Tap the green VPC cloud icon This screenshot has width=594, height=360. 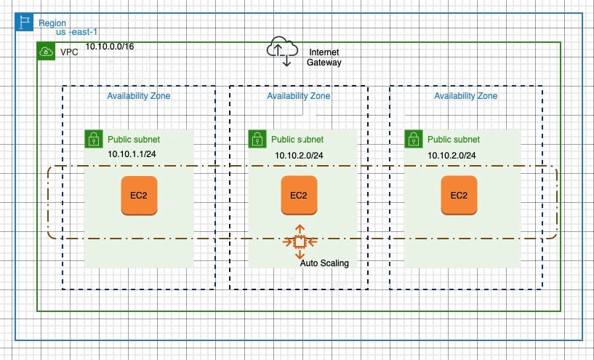(46, 52)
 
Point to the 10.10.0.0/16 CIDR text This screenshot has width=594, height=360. (109, 47)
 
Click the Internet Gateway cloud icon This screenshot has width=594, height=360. (282, 49)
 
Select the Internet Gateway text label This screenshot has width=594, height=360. (324, 57)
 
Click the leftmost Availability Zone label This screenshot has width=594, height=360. (139, 96)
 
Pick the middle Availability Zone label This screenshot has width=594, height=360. (298, 96)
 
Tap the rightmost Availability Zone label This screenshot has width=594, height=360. (466, 96)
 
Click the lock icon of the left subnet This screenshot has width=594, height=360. (93, 139)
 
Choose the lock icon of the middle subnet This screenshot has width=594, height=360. (257, 139)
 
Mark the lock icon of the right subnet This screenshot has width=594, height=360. (413, 139)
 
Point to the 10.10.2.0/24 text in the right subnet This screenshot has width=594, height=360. (451, 155)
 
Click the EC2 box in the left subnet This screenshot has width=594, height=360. (139, 196)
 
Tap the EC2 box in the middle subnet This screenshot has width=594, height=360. (298, 196)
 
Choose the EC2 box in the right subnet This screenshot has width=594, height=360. (459, 196)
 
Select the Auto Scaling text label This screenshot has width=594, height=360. (324, 263)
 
